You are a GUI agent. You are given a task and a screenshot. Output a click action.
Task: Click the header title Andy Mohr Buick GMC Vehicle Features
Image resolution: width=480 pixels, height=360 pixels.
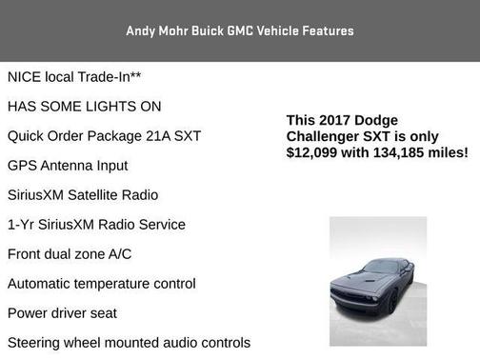tap(239, 30)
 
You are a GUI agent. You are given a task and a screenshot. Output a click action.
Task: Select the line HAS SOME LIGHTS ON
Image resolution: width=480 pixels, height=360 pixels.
tap(84, 106)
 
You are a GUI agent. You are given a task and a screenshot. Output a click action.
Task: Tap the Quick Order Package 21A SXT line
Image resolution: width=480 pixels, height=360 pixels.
tap(104, 135)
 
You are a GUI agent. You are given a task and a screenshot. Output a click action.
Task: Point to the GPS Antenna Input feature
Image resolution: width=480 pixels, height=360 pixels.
tap(67, 165)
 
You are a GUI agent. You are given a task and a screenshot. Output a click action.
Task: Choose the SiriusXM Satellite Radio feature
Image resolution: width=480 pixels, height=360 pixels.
tap(82, 194)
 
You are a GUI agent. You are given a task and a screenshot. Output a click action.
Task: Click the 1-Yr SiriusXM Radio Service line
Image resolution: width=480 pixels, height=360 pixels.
tap(95, 224)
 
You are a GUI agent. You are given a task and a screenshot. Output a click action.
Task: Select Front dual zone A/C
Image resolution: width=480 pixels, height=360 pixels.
tap(69, 253)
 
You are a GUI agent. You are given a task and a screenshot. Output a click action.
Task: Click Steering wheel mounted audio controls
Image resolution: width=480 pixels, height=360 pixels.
tap(128, 342)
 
